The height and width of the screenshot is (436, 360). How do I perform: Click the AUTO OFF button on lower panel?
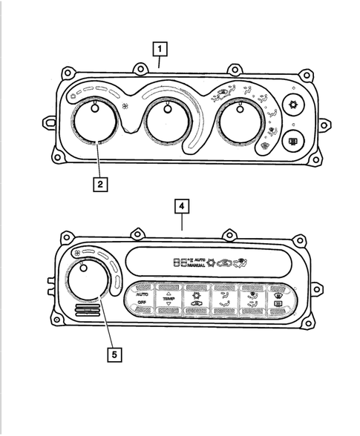pos(143,298)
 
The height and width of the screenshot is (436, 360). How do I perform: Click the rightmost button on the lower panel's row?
pos(276,298)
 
